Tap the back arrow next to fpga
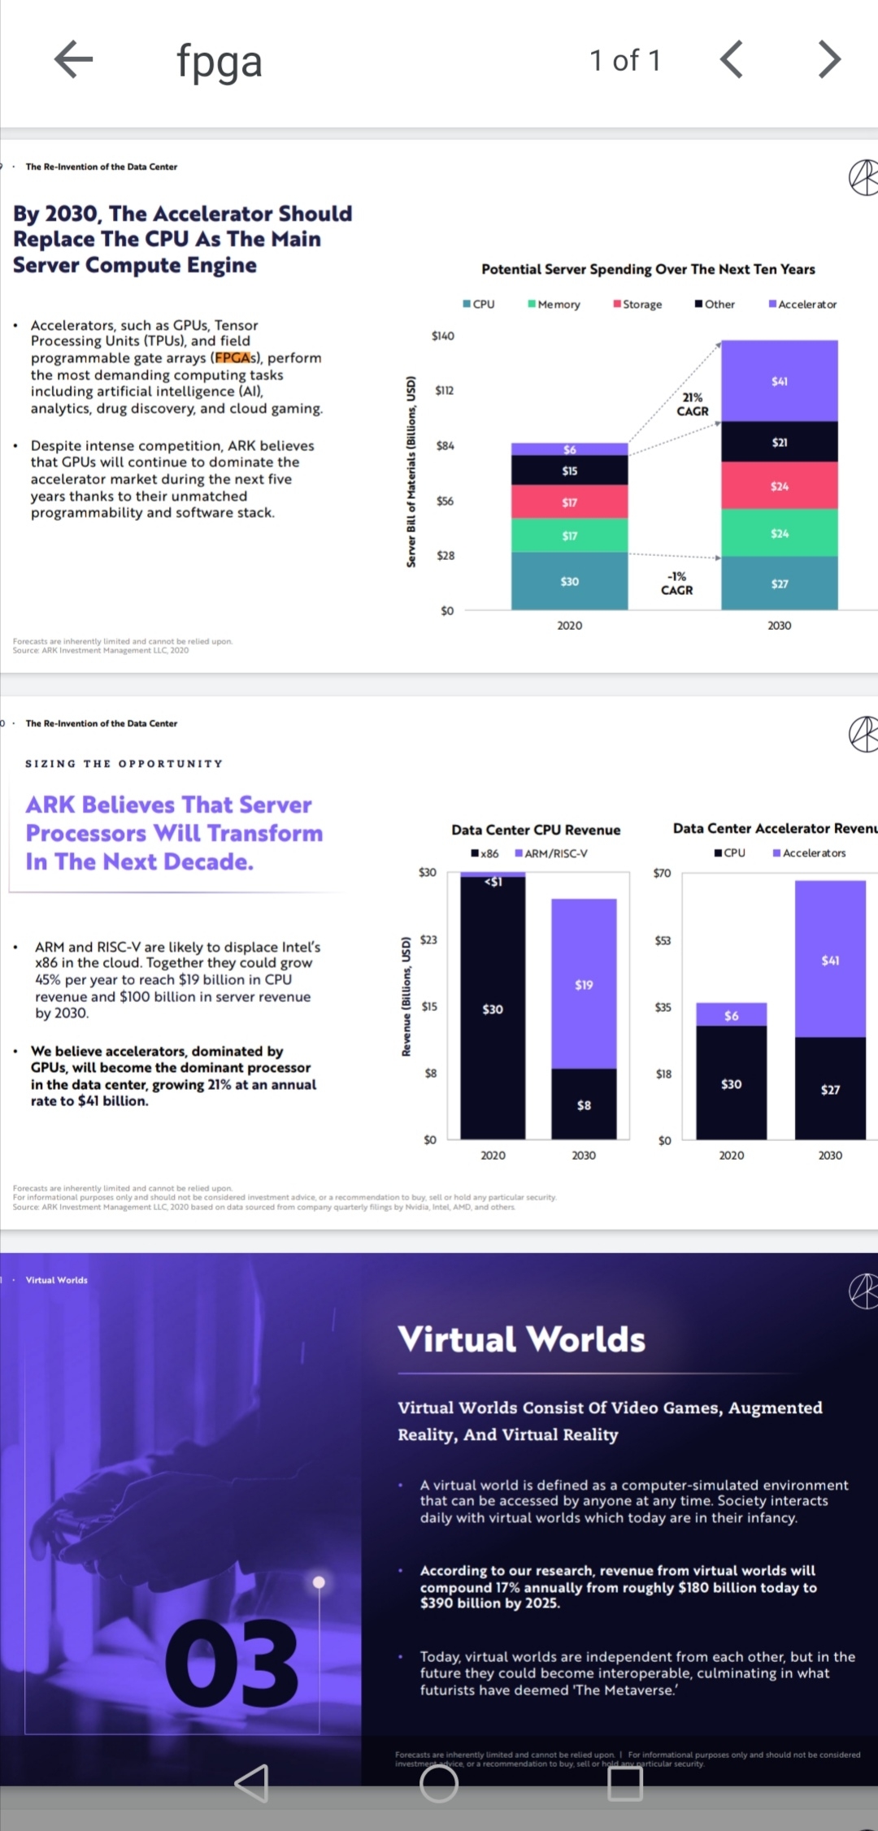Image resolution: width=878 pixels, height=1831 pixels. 73,59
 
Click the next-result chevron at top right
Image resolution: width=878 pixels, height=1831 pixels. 828,59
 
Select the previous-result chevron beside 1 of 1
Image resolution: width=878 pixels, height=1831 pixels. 732,59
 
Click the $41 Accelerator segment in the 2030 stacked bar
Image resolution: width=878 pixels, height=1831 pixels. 779,381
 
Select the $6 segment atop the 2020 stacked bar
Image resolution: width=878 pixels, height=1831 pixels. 569,449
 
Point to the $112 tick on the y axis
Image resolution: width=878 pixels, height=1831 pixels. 444,390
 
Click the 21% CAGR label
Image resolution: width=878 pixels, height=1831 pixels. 693,404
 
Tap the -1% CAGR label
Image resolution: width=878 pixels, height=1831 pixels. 676,584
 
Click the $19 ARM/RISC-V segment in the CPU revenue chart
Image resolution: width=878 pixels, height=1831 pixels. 584,984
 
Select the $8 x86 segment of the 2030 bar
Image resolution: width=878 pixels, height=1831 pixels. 584,1104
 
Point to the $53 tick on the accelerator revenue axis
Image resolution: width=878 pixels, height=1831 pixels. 663,940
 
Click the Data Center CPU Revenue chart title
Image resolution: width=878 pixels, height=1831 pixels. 536,830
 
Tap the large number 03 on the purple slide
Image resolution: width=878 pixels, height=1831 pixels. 233,1662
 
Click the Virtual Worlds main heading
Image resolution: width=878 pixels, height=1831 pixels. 521,1339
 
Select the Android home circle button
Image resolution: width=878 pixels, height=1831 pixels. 439,1783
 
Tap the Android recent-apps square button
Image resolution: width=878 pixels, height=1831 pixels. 625,1783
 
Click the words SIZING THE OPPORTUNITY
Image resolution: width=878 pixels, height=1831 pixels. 124,764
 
